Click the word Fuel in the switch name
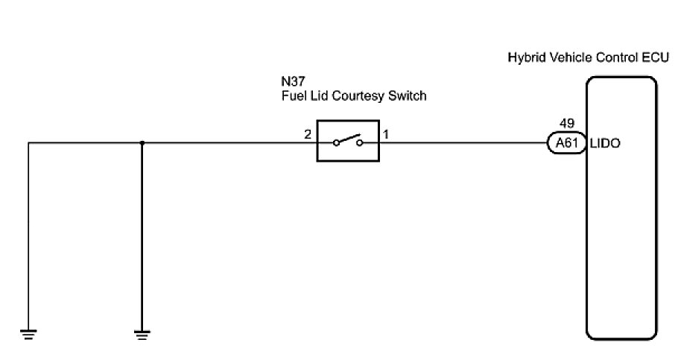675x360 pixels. pos(292,96)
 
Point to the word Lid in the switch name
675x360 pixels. pos(318,96)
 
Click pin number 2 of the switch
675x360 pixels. pos(306,135)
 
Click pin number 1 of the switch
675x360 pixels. pos(386,135)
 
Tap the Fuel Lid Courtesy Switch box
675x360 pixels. pos(348,140)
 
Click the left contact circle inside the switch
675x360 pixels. pos(337,143)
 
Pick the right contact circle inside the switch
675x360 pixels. pos(359,143)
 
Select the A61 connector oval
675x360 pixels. pos(567,143)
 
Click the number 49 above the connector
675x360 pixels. pos(567,124)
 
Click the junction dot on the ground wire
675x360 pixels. pos(142,142)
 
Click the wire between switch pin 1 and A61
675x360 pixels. pos(462,142)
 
